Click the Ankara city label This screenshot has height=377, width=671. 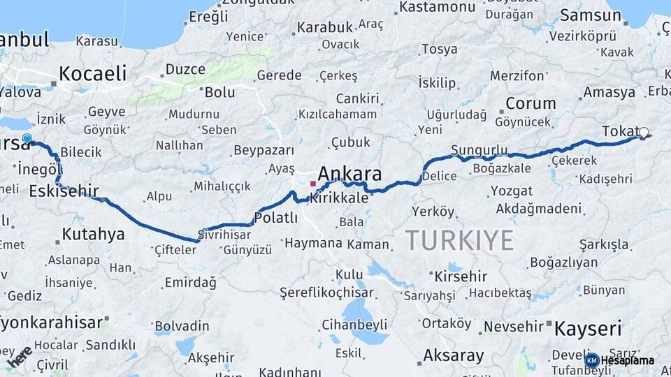tap(349, 173)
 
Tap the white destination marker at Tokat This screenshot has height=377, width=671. tap(643, 132)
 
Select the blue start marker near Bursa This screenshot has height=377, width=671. tap(27, 139)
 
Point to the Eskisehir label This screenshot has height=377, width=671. tap(64, 191)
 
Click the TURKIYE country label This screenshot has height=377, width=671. tap(459, 240)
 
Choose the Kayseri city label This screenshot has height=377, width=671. tap(587, 328)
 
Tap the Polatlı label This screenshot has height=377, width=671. tap(275, 218)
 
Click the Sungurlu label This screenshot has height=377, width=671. tap(479, 150)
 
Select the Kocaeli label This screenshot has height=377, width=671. tap(92, 73)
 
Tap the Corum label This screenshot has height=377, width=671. tap(531, 103)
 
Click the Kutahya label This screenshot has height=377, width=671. tap(92, 234)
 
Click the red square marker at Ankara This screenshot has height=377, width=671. tap(312, 184)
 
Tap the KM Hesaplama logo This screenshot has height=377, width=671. tap(621, 360)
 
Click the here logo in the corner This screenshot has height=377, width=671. tap(19, 355)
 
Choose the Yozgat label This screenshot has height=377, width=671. tap(511, 191)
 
